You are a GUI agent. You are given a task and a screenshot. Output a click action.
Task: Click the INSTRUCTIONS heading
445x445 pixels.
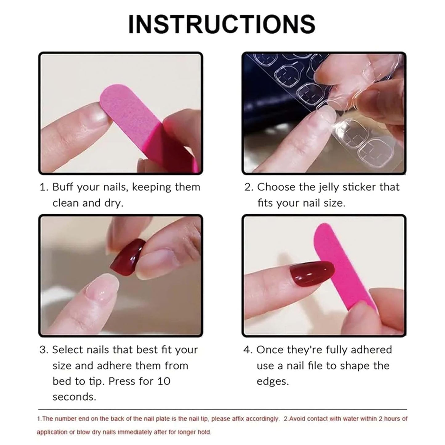(222, 24)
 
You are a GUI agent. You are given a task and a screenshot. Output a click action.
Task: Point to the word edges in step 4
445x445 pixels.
(273, 381)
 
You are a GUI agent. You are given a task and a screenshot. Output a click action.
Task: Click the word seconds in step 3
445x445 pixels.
(74, 397)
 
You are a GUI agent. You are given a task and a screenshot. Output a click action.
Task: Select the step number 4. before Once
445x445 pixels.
(248, 350)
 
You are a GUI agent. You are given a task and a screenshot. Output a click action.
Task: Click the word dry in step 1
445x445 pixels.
(114, 203)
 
